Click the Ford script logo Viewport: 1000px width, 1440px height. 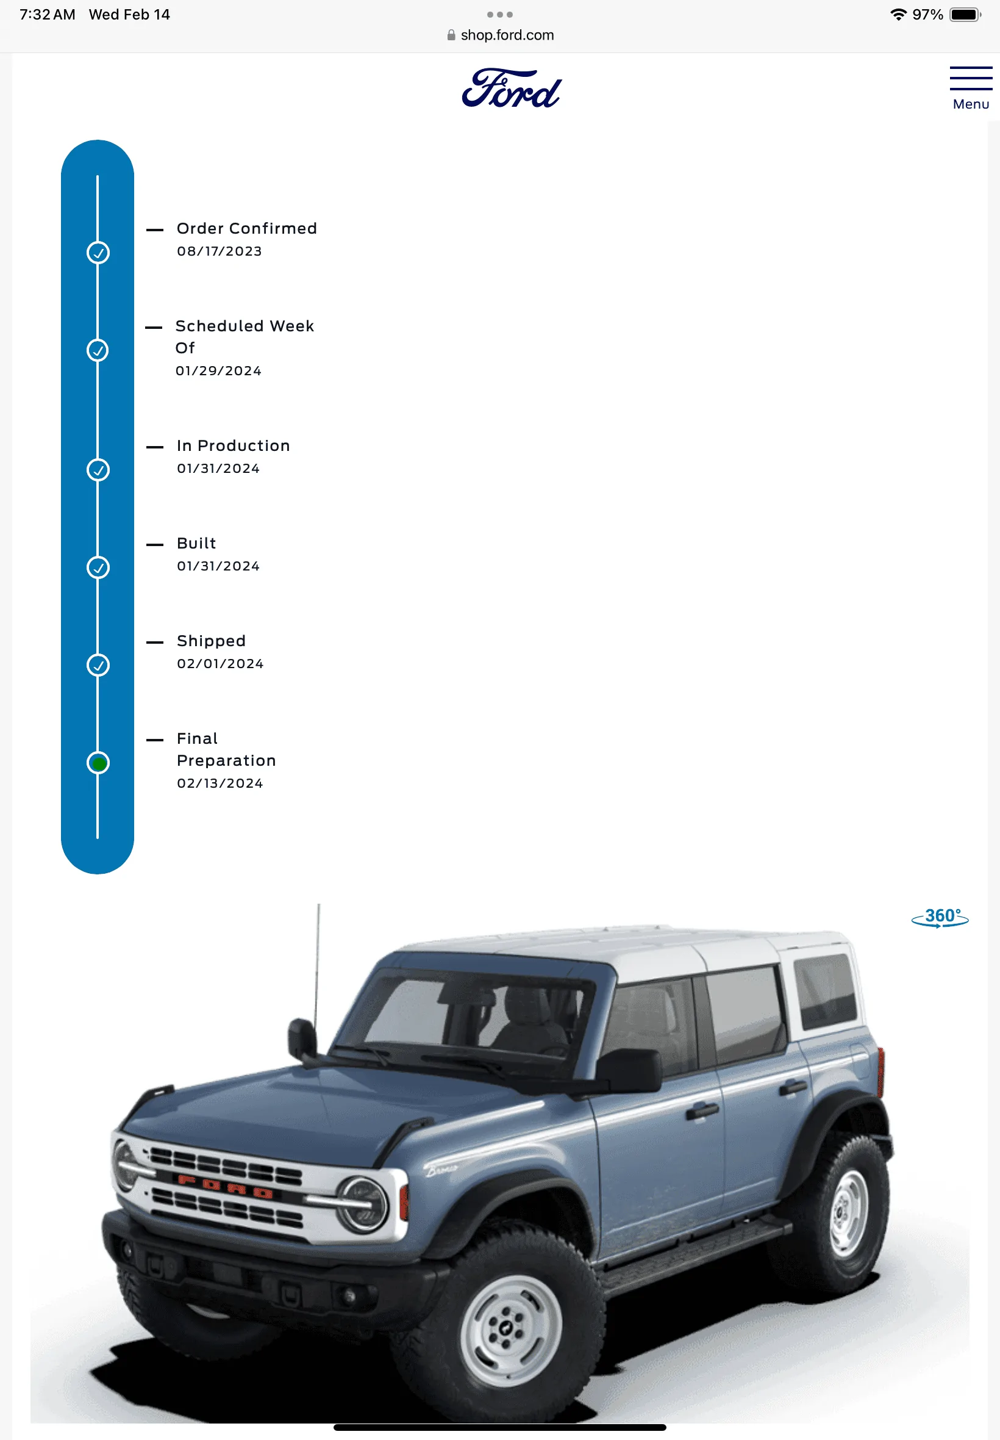(x=511, y=88)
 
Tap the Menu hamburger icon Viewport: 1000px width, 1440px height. (x=971, y=78)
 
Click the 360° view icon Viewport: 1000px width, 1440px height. (x=940, y=917)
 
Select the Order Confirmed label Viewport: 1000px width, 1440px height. (x=247, y=228)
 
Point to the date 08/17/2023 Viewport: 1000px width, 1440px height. (x=220, y=251)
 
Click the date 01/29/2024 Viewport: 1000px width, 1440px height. (x=219, y=371)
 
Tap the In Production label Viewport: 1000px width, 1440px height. (x=233, y=446)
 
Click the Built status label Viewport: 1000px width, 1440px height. (x=196, y=543)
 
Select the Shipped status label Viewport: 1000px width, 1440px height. (x=211, y=641)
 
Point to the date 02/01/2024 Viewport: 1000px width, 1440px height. (x=220, y=664)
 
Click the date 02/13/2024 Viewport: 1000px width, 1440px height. (x=220, y=783)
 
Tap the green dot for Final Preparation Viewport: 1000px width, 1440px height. (x=98, y=763)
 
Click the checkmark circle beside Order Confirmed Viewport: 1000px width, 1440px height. (x=98, y=253)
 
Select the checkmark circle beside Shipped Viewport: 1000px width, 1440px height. (x=98, y=665)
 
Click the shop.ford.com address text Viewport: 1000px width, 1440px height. (x=507, y=35)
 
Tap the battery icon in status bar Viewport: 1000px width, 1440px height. (x=965, y=15)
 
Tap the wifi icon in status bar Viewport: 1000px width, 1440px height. (x=899, y=15)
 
